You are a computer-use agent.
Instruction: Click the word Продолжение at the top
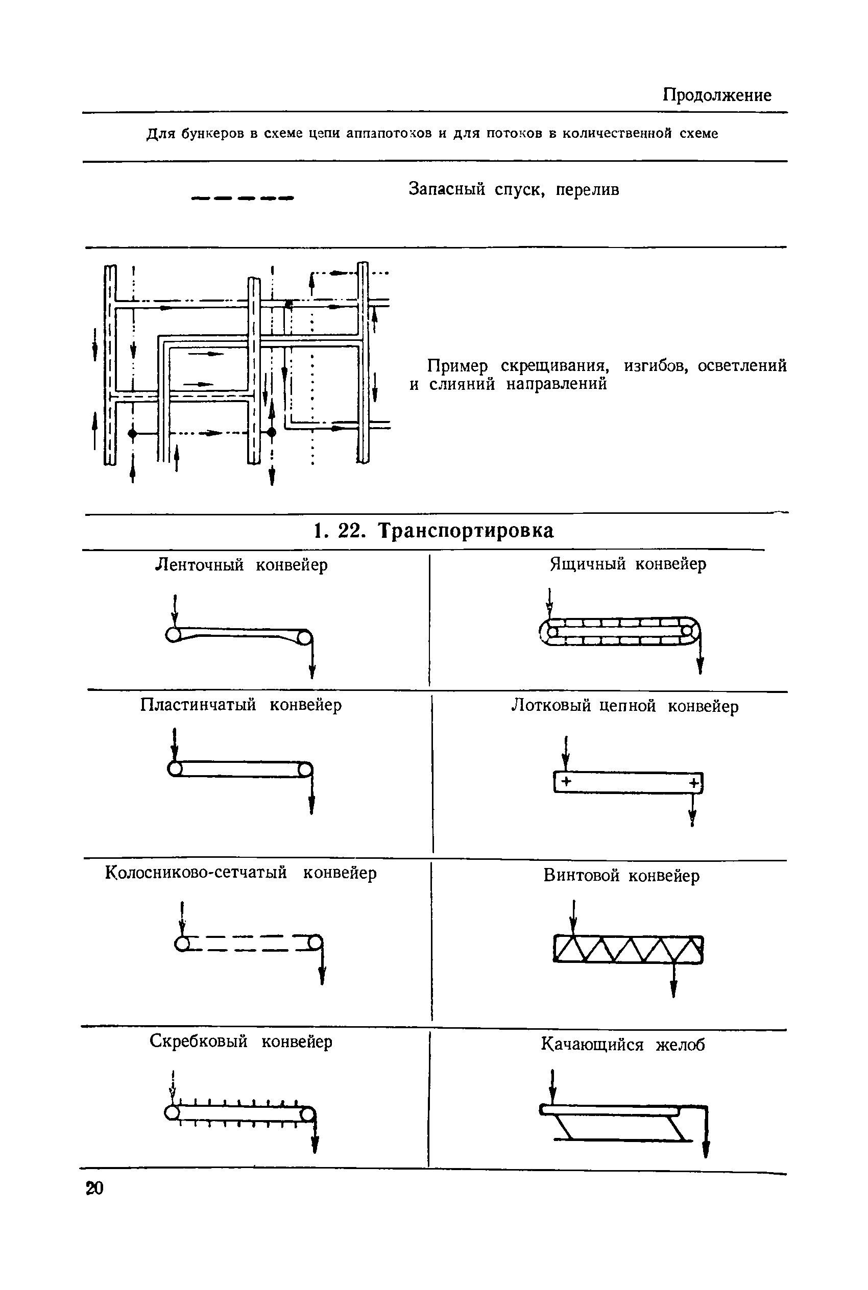pyautogui.click(x=717, y=95)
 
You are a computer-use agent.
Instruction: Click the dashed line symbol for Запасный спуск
pyautogui.click(x=242, y=198)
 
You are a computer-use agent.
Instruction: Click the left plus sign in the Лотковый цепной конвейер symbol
pyautogui.click(x=566, y=782)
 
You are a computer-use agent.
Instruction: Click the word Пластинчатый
pyautogui.click(x=198, y=705)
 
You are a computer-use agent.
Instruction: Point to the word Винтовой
pyautogui.click(x=581, y=876)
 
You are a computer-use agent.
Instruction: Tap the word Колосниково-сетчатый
pyautogui.click(x=196, y=873)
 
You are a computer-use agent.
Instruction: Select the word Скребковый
pyautogui.click(x=198, y=1041)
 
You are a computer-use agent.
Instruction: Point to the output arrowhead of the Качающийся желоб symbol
pyautogui.click(x=706, y=1150)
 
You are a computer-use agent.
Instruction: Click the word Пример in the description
pyautogui.click(x=457, y=366)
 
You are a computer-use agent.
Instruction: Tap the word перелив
pyautogui.click(x=587, y=190)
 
